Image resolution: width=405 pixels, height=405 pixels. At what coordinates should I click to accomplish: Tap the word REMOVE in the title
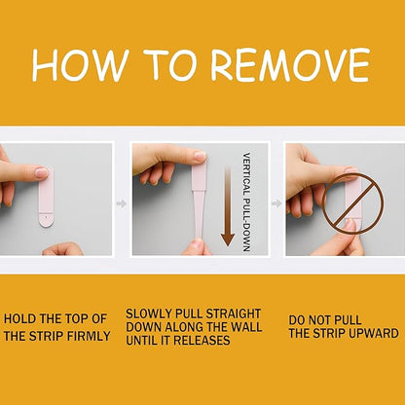[x=291, y=64]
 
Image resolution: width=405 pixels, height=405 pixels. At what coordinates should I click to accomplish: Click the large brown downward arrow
[x=228, y=206]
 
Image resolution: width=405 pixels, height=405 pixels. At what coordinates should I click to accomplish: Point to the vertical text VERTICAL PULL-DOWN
[x=246, y=202]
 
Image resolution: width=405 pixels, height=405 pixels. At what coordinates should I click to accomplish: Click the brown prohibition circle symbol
[x=354, y=203]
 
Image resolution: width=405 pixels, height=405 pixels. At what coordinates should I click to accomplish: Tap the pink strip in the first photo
[x=46, y=198]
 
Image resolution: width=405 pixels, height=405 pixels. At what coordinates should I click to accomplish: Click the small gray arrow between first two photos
[x=122, y=203]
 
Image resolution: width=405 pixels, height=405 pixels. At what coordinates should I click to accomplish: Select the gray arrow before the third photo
[x=276, y=203]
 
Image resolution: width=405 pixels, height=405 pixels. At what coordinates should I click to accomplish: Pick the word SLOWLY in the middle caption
[x=149, y=313]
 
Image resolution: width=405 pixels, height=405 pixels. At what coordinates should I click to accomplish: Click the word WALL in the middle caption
[x=245, y=327]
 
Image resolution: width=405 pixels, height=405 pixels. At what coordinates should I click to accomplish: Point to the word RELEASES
[x=202, y=340]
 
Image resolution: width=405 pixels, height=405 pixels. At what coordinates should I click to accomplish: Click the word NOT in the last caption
[x=320, y=320]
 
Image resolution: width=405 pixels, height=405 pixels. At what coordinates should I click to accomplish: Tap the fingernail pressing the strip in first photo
[x=42, y=172]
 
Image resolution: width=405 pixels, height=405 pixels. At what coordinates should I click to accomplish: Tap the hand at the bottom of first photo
[x=63, y=249]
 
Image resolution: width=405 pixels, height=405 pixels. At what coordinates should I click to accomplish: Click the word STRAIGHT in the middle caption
[x=234, y=313]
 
